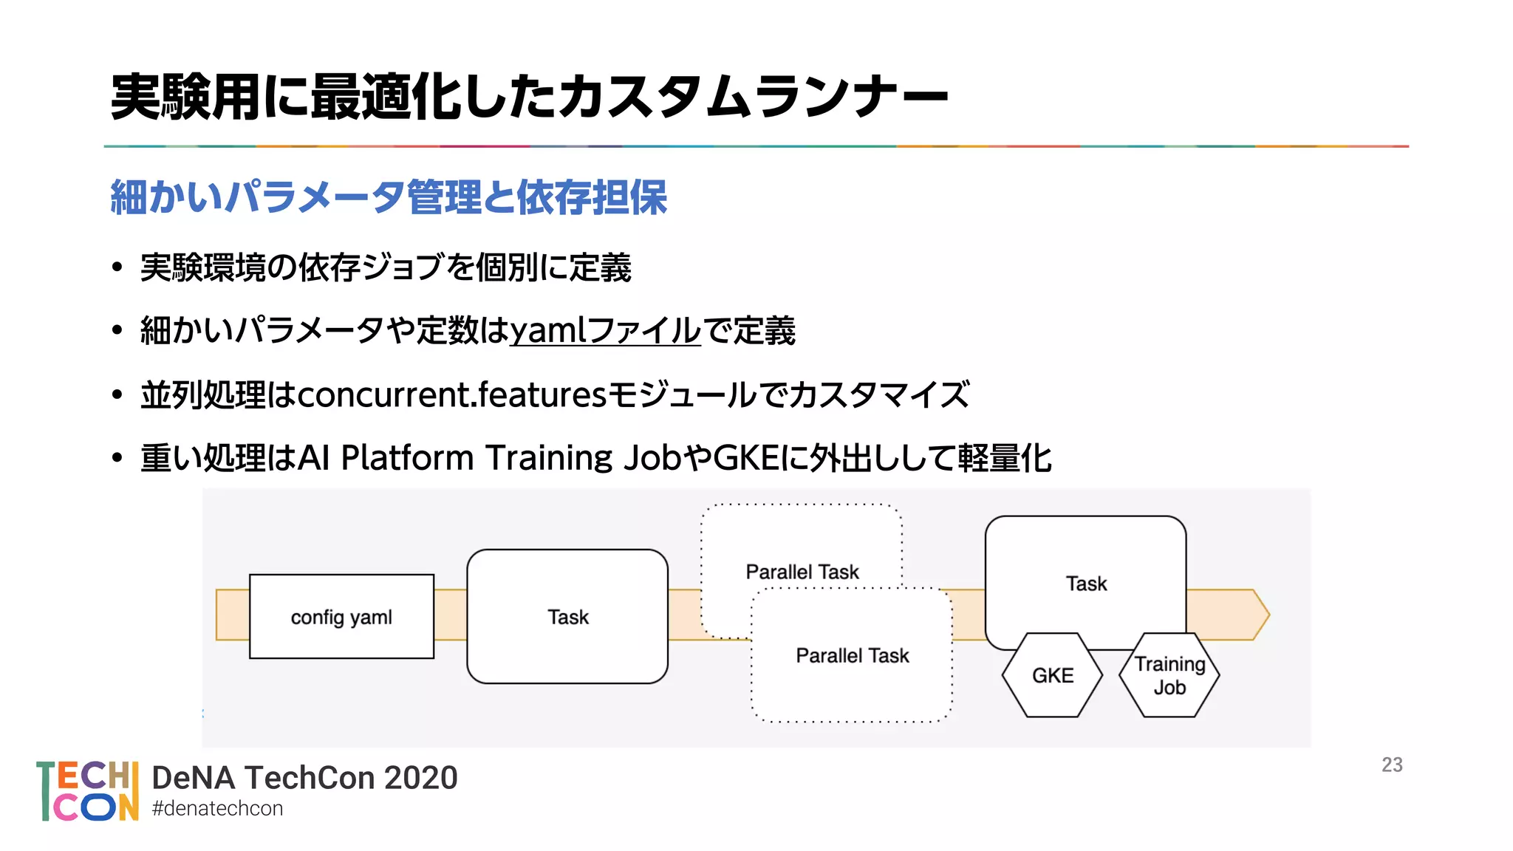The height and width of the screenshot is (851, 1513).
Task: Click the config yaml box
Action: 341,616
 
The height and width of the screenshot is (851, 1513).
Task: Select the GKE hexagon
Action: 1052,675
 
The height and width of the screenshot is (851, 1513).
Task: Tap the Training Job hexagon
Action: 1169,675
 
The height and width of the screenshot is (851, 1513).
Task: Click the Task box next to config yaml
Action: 567,616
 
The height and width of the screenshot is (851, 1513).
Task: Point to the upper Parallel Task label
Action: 802,572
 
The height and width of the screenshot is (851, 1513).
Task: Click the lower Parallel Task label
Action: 853,655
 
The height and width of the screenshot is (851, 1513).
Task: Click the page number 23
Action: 1392,765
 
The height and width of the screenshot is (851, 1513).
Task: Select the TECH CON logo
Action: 88,791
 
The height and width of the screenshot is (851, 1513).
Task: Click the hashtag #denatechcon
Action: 217,809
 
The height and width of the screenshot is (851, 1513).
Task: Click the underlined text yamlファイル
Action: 605,330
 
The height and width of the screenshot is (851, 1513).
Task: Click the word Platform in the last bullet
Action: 407,458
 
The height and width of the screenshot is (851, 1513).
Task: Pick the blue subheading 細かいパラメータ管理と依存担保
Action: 389,197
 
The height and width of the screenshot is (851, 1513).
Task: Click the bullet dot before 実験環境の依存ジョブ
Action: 117,267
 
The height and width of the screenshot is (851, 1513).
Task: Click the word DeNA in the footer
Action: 193,778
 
